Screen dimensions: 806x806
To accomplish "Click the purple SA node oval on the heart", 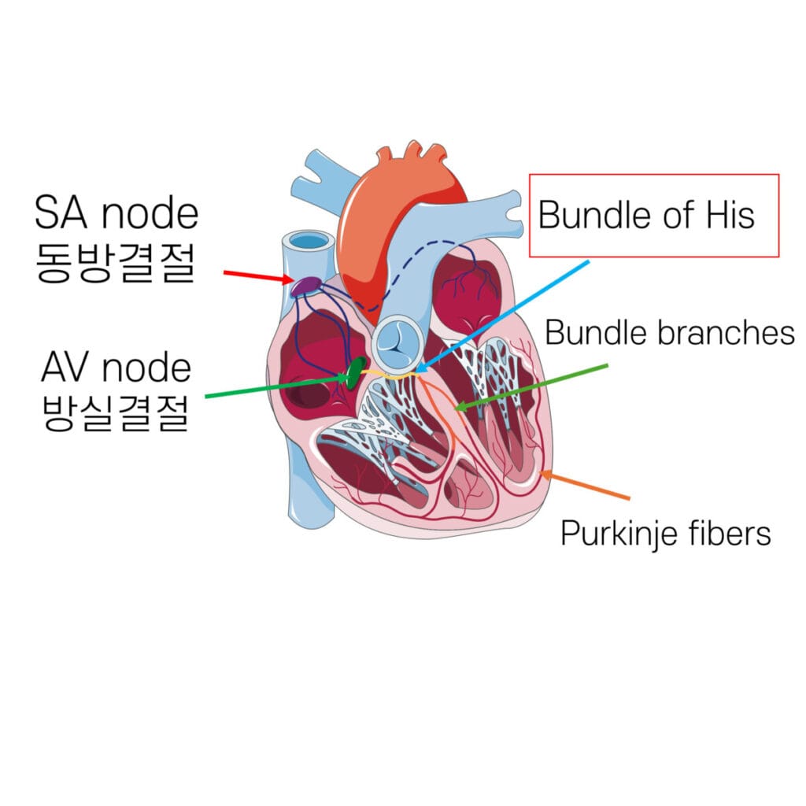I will pos(305,287).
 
